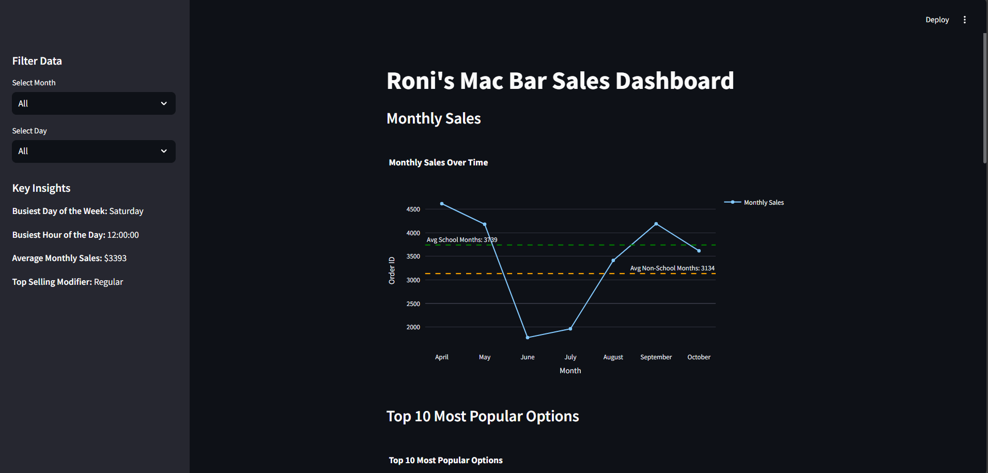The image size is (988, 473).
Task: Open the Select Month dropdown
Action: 94,103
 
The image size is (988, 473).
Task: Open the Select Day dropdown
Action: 94,151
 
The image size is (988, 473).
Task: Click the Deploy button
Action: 937,20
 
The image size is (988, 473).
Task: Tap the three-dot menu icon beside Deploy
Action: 964,20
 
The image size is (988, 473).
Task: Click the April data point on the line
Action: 442,204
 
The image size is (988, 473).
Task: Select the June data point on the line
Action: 528,338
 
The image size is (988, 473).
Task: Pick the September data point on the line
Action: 656,224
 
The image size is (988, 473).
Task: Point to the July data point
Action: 570,329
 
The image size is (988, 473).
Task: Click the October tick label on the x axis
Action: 699,357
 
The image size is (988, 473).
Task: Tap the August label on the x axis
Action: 613,357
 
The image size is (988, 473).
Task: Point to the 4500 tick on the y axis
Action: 413,209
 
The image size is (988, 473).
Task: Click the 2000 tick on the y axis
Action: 413,327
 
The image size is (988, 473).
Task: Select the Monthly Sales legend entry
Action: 763,203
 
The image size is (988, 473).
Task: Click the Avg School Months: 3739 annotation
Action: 461,240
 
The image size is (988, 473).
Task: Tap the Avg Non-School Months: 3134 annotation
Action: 672,268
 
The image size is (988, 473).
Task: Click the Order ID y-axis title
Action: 392,270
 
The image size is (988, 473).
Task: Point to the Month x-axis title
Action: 570,371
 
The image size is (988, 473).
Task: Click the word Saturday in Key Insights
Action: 126,211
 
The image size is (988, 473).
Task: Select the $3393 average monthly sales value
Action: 115,258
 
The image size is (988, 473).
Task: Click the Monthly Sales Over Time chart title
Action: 438,162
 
